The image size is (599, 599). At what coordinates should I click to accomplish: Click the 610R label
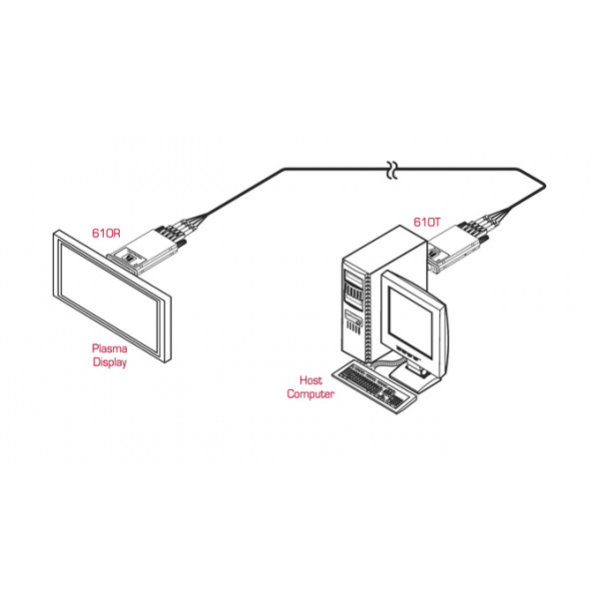pos(106,233)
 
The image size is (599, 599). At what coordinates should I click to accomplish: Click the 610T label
pos(427,222)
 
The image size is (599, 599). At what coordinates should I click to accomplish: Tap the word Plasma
pos(110,348)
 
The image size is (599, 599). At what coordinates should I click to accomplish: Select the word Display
pos(110,362)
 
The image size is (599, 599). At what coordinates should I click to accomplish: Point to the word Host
pos(310,380)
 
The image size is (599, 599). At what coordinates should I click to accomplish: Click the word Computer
pos(310,394)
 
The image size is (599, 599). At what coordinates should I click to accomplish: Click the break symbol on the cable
pos(392,170)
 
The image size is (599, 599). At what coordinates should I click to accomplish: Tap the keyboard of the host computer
pos(374,386)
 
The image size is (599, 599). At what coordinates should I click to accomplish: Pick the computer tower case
pos(382,295)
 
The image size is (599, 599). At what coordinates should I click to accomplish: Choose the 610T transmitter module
pos(456,249)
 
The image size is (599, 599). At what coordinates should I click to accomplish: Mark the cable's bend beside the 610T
pos(545,187)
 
